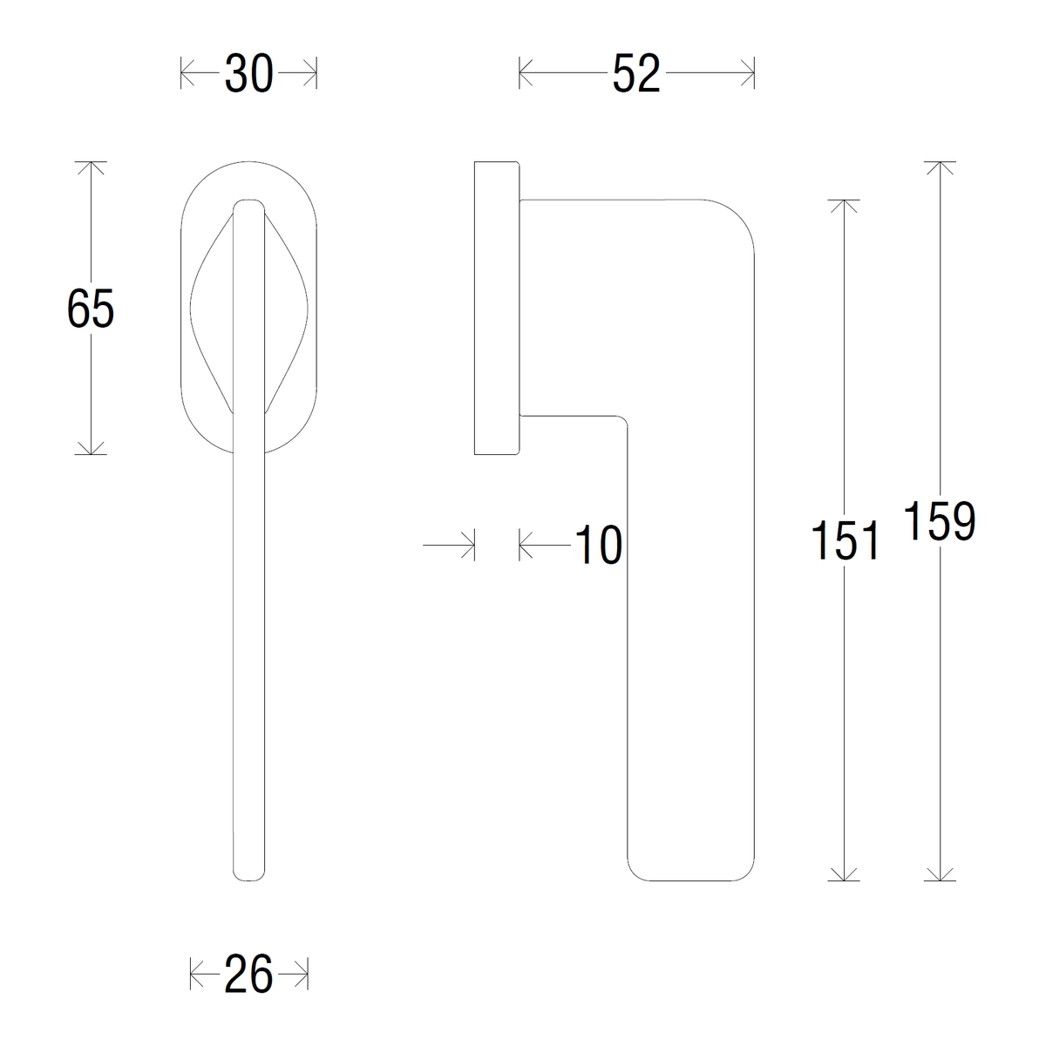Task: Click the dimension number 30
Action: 248,73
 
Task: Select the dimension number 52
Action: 636,73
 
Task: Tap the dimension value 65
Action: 90,308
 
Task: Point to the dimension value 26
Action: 248,989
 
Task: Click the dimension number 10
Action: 598,545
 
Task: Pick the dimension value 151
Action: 844,540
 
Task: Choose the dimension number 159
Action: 940,520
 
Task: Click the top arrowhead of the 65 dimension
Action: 91,167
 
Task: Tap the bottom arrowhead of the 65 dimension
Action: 91,448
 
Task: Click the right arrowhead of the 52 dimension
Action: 748,72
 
